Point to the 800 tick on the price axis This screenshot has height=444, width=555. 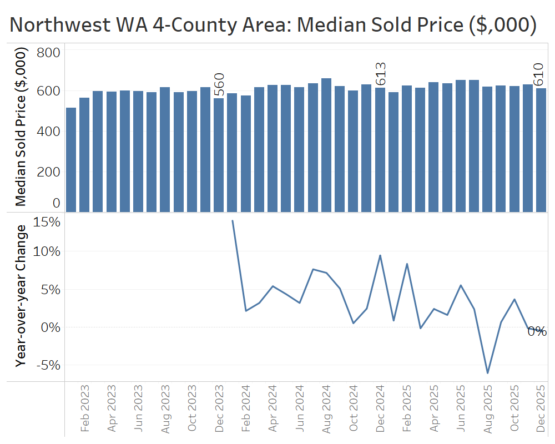(x=48, y=53)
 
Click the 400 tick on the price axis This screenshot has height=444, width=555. (x=48, y=132)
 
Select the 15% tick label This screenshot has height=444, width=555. (x=48, y=222)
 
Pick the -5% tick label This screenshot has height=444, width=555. (x=48, y=366)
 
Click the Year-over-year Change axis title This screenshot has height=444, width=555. (x=21, y=295)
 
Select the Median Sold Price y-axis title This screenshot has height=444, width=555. (x=21, y=127)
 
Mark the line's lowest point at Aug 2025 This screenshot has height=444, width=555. (x=488, y=373)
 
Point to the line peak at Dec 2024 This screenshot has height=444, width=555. (x=380, y=255)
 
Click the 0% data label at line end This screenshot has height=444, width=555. (x=537, y=331)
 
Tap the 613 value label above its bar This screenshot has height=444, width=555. (x=381, y=75)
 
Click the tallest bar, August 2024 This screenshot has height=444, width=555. (x=326, y=145)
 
